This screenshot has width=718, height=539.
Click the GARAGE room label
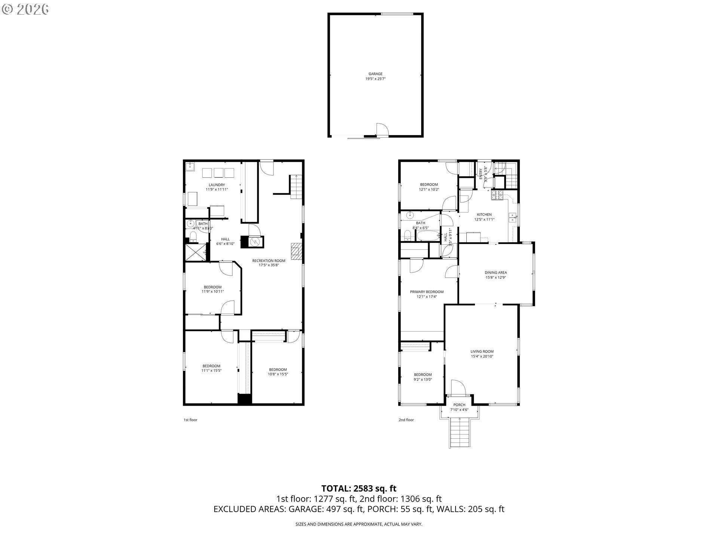[375, 74]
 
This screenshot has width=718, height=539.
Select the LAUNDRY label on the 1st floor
[217, 185]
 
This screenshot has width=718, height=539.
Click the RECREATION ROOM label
[269, 261]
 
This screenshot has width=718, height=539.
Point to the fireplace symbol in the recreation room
[296, 251]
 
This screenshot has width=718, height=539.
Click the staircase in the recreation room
[296, 186]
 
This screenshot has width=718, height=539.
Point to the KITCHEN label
[484, 215]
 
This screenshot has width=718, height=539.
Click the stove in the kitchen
[497, 194]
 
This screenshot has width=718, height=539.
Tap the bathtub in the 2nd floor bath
[429, 236]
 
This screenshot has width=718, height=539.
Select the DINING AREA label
[495, 273]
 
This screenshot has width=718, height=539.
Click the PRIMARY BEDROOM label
[427, 292]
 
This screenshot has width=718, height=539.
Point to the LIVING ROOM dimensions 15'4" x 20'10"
[482, 357]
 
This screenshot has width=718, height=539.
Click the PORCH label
[459, 405]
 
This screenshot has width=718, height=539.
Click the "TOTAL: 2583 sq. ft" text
[359, 488]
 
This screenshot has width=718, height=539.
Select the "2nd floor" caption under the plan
[406, 420]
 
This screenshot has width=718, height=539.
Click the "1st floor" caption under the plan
[190, 420]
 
